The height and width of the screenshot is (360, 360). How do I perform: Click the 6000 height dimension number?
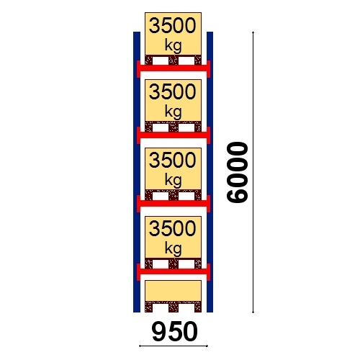238,173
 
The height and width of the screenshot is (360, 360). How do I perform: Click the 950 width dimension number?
175,332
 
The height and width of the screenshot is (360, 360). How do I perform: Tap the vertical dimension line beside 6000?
253,172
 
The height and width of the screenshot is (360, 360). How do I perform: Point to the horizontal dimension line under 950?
174,346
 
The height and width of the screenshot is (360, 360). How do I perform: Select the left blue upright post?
137,172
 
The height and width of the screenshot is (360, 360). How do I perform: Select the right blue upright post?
210,172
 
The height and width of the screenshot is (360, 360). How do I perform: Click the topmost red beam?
174,68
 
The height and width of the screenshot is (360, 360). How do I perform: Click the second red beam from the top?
174,135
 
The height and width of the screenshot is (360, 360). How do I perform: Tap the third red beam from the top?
174,204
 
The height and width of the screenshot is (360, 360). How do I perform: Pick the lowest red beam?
174,271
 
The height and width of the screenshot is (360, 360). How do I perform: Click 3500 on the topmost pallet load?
173,26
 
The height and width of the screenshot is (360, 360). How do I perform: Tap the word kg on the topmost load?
173,45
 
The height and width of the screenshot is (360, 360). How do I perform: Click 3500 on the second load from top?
173,92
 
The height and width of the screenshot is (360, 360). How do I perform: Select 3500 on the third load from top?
173,161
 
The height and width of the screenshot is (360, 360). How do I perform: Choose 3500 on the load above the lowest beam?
173,229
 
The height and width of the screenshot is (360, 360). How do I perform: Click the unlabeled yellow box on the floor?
173,291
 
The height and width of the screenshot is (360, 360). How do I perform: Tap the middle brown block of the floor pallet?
174,307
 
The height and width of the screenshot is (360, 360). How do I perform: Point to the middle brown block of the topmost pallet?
174,60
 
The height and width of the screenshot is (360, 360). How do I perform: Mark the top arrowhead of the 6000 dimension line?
253,32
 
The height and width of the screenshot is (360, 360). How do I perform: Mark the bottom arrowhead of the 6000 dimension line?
253,312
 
